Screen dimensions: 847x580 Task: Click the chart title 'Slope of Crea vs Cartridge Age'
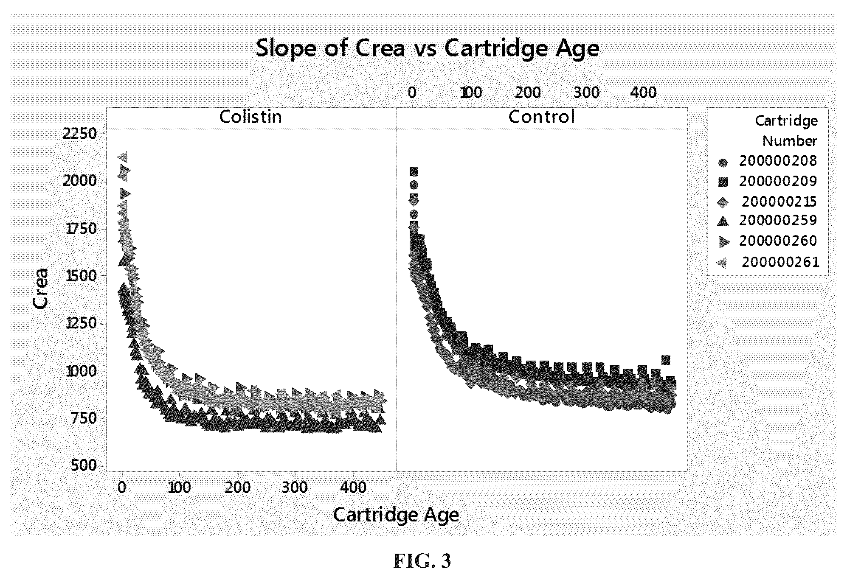(x=428, y=48)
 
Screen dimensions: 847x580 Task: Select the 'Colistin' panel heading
(x=250, y=117)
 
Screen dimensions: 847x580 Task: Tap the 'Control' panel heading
(x=542, y=117)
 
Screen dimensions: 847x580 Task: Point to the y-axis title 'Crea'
(x=40, y=288)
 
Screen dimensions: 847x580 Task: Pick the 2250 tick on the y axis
(x=80, y=134)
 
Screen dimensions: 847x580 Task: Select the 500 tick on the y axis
(x=85, y=465)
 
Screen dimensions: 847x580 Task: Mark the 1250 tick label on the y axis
(x=80, y=323)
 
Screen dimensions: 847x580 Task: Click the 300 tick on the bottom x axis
(x=295, y=488)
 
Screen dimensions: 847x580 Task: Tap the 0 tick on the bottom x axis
(x=122, y=488)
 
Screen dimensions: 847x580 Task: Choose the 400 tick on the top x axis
(x=643, y=92)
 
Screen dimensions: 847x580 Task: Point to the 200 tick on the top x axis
(x=528, y=92)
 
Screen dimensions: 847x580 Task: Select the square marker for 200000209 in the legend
(x=723, y=182)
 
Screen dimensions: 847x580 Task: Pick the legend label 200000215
(x=779, y=202)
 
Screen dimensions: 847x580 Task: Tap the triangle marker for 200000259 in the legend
(x=723, y=221)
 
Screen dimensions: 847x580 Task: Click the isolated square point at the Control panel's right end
(x=666, y=360)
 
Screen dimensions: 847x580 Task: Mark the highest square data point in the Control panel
(x=414, y=171)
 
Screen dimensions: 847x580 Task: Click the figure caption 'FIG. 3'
(x=422, y=561)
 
